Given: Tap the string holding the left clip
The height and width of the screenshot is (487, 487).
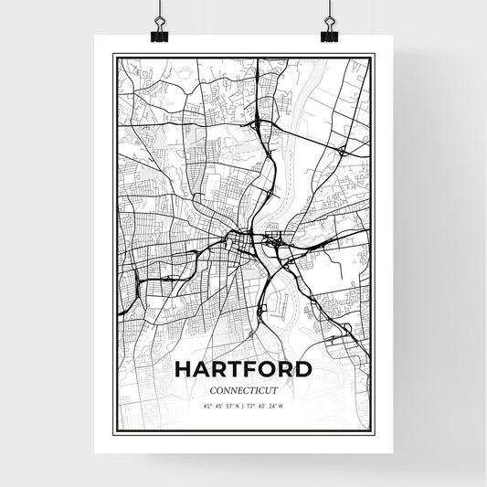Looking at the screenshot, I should click(158, 11).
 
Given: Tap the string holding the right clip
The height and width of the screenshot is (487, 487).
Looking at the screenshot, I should click(328, 11).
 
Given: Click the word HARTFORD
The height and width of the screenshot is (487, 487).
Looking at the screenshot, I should click(242, 370).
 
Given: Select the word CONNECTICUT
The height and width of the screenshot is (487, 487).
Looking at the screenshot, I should click(242, 390).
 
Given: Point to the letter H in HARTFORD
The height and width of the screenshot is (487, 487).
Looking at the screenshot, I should click(183, 370).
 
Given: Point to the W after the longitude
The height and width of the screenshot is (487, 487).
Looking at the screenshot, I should click(281, 406).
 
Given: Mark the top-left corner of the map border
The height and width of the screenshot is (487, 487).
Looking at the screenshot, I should click(112, 56).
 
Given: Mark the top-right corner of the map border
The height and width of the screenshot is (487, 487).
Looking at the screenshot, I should click(373, 56).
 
